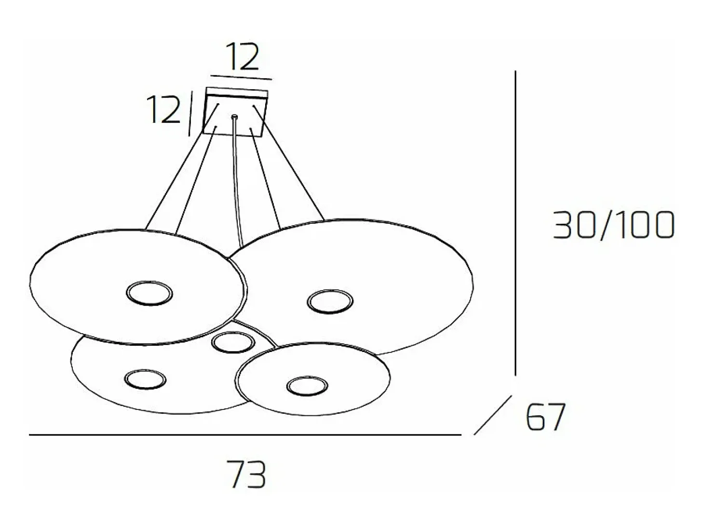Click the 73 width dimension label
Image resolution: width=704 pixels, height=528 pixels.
[248, 474]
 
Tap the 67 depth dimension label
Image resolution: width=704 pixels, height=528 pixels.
[545, 417]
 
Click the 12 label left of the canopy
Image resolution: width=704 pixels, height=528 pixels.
[163, 109]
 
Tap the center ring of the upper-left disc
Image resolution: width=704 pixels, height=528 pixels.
[149, 293]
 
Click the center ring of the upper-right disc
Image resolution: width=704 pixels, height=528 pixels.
[330, 301]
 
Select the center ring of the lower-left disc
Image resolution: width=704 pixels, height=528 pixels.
[145, 380]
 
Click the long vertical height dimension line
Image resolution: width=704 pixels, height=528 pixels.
[515, 223]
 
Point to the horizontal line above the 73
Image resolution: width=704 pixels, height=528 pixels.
[245, 435]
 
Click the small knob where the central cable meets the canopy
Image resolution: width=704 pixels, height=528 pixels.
[235, 116]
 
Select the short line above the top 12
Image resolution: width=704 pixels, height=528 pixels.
[241, 77]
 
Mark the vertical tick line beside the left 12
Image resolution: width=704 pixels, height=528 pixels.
[190, 113]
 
